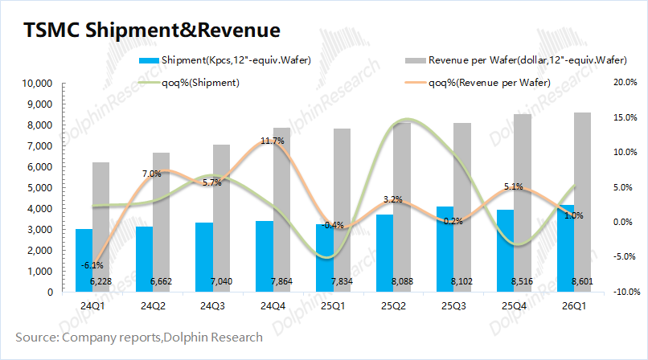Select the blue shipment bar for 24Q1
pyautogui.click(x=84, y=260)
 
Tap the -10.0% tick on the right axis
pyautogui.click(x=625, y=292)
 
